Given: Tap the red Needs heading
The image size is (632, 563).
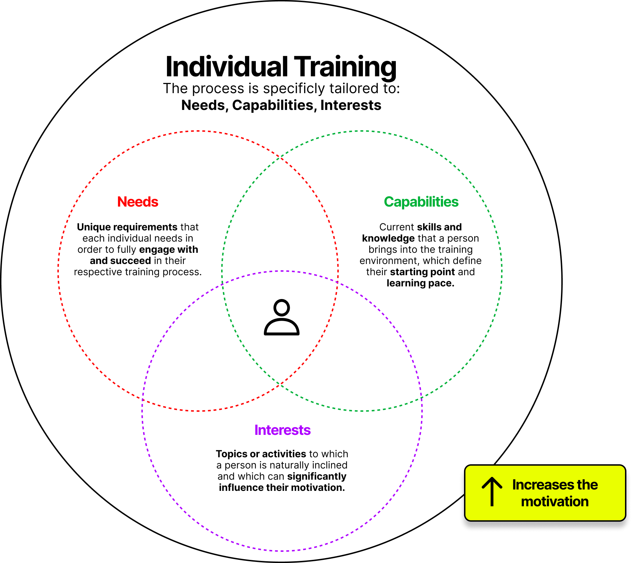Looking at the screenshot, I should pyautogui.click(x=138, y=202).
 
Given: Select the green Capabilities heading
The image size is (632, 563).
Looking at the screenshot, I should pyautogui.click(x=421, y=202).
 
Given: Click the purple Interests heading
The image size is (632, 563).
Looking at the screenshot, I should pyautogui.click(x=282, y=430).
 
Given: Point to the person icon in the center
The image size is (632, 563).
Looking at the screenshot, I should pyautogui.click(x=282, y=317).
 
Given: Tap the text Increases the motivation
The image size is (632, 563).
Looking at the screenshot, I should pyautogui.click(x=555, y=493).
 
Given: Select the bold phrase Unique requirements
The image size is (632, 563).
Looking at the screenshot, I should pyautogui.click(x=127, y=227).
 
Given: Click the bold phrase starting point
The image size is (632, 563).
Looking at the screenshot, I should pyautogui.click(x=422, y=272).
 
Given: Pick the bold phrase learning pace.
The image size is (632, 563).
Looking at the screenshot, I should pyautogui.click(x=420, y=283).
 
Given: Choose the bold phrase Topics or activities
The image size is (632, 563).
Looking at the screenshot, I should pyautogui.click(x=261, y=454).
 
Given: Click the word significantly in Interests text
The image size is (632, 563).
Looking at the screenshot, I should pyautogui.click(x=317, y=477).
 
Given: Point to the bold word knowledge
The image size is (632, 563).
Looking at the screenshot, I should pyautogui.click(x=388, y=238).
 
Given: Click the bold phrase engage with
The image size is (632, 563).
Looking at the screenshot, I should pyautogui.click(x=169, y=250).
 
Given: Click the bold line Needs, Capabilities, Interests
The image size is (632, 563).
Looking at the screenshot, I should pyautogui.click(x=281, y=105).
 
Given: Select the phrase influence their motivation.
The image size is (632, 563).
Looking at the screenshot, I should pyautogui.click(x=282, y=488).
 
